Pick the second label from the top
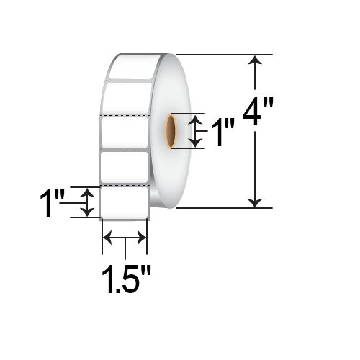[128, 99]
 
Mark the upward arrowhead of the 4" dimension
[254, 61]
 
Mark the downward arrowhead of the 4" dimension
[254, 201]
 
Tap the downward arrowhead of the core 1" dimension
[192, 143]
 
